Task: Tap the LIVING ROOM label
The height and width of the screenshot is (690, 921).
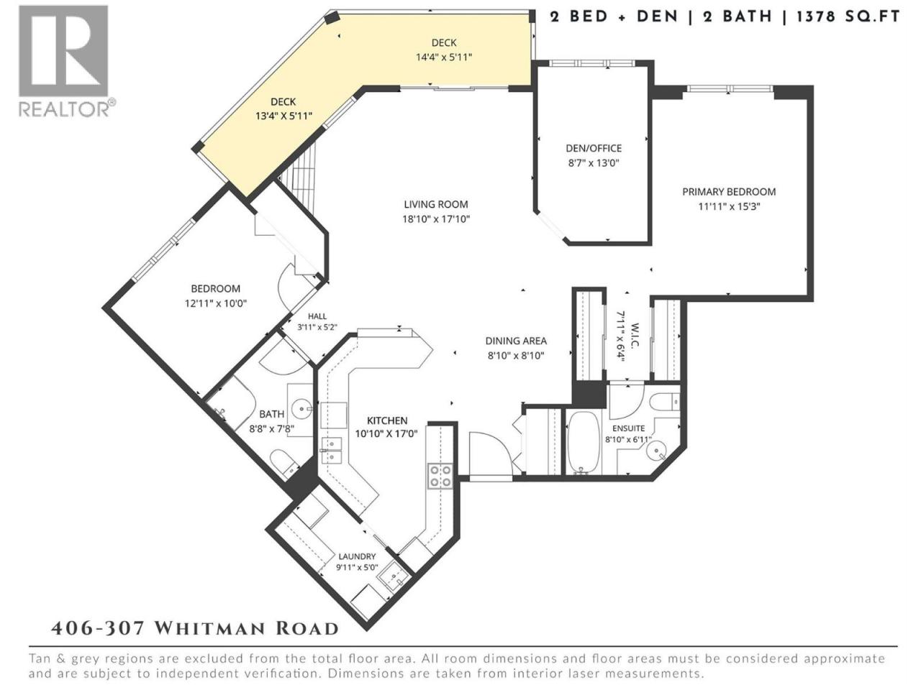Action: coord(436,204)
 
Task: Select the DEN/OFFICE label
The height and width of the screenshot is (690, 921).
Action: coord(594,148)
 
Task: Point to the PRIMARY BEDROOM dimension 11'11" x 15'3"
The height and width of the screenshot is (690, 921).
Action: coord(730,206)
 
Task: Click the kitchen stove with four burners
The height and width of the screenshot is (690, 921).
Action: coord(440,476)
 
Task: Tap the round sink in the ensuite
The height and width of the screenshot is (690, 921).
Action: coord(655,451)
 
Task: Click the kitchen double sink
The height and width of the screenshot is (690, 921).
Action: coord(332,451)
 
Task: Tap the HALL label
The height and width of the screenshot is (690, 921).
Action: coord(317,317)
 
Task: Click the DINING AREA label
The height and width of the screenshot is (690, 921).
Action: coord(516,341)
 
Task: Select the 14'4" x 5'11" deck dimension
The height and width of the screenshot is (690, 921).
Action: coord(444,57)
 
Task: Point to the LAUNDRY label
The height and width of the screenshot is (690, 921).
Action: coord(357,556)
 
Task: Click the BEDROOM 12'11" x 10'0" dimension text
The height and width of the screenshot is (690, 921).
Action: coord(216,303)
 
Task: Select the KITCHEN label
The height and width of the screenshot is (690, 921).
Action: coord(387,420)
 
